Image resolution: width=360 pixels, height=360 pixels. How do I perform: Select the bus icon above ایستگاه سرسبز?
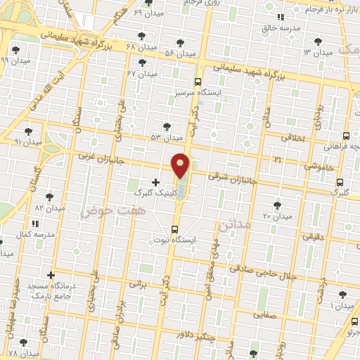pos(198,81)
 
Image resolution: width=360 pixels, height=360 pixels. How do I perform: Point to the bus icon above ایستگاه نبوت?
pos(175,229)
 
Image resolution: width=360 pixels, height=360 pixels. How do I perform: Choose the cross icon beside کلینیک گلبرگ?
pos(155,182)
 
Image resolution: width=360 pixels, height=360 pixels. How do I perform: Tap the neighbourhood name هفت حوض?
pos(113,210)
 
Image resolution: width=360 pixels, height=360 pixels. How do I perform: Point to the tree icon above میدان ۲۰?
pos(277,205)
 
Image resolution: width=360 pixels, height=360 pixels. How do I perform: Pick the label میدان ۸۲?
pos(49,208)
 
